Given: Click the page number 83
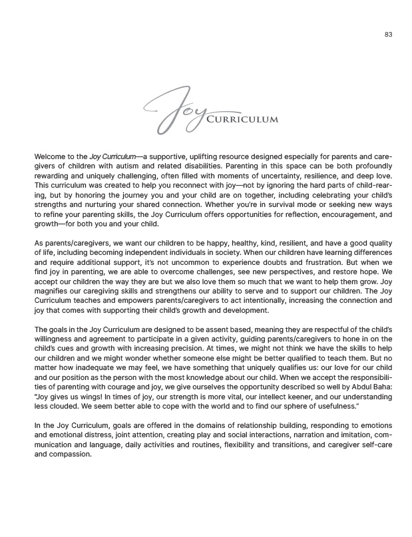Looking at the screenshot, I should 388,35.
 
